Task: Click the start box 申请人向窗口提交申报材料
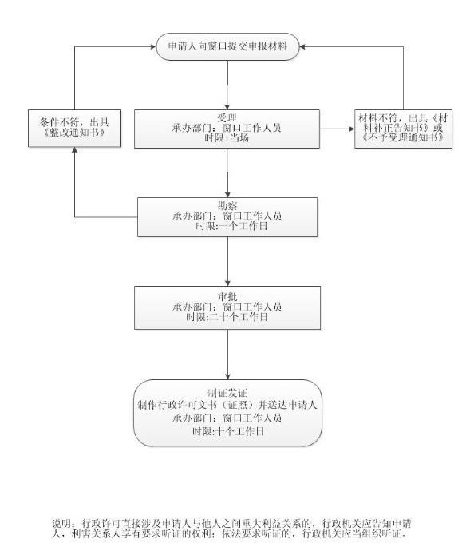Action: click(227, 46)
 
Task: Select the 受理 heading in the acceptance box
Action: click(227, 117)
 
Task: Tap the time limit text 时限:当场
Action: click(227, 137)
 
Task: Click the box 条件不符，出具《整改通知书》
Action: click(74, 129)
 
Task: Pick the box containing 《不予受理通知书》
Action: click(403, 129)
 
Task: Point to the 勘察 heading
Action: click(227, 205)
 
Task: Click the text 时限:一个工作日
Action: click(231, 226)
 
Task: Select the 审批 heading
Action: click(227, 296)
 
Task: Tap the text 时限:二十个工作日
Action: click(227, 317)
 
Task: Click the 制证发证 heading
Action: click(227, 393)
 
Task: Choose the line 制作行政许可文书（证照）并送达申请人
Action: click(227, 405)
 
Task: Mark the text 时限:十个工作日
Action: click(228, 431)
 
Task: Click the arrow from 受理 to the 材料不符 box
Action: click(337, 129)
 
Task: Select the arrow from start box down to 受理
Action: click(227, 85)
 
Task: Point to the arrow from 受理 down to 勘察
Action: click(227, 173)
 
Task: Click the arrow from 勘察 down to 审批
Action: click(227, 261)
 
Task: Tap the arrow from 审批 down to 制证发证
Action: click(227, 355)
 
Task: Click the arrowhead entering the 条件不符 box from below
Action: click(74, 149)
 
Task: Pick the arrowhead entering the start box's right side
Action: click(302, 46)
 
